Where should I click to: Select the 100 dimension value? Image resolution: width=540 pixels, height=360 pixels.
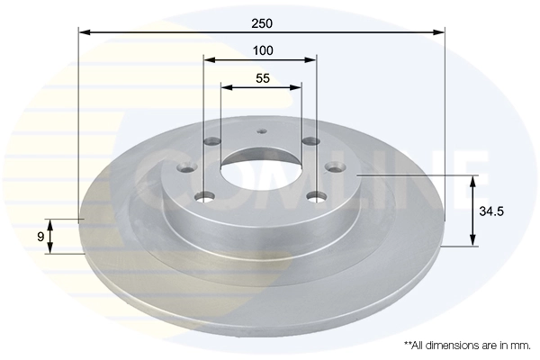click(x=263, y=50)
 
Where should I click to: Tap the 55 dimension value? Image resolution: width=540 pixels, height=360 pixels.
click(x=263, y=78)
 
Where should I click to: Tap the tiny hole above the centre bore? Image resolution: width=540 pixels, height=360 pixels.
click(x=262, y=131)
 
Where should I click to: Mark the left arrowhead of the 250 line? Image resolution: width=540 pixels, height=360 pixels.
click(x=84, y=32)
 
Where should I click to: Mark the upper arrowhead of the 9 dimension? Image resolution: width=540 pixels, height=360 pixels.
click(x=51, y=223)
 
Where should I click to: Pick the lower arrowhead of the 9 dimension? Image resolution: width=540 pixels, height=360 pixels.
click(x=51, y=249)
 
